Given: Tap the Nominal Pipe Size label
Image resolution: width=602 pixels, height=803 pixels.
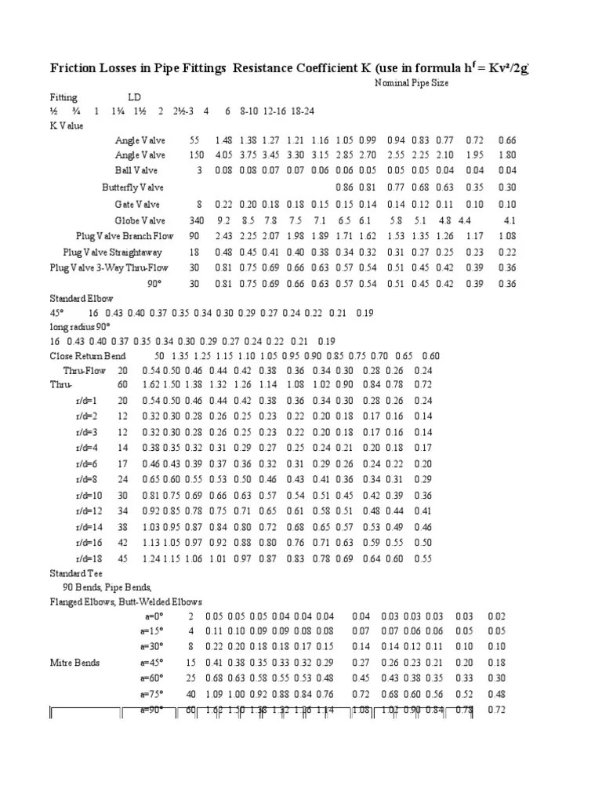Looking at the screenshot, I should [411, 82].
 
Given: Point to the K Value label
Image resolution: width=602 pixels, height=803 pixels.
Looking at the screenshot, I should [67, 125].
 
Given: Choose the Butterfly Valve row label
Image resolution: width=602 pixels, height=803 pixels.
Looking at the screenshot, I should [132, 187].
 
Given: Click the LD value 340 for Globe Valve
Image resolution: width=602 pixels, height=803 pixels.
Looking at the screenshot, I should [194, 220].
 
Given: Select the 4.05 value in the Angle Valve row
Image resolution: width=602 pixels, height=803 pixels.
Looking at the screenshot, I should [223, 154].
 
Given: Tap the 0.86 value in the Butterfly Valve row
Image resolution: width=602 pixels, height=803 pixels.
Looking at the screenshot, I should [343, 187].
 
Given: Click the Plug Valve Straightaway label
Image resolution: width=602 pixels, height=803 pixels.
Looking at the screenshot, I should [113, 252].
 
